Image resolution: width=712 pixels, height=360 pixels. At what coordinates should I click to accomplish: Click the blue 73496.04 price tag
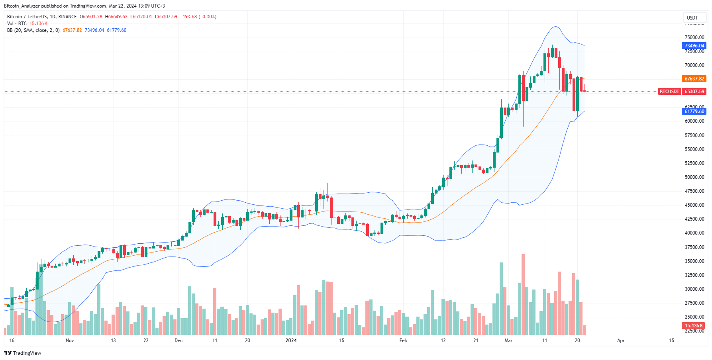(x=694, y=46)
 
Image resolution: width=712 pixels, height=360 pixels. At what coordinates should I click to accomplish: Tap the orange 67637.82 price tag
(x=694, y=79)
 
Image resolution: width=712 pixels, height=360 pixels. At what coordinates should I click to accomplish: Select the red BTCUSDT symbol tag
(x=669, y=92)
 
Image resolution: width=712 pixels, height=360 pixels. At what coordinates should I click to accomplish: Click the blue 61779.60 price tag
(x=694, y=112)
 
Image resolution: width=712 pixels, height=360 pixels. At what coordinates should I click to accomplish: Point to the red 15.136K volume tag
(x=694, y=326)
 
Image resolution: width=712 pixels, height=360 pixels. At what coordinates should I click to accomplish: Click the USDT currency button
(x=692, y=18)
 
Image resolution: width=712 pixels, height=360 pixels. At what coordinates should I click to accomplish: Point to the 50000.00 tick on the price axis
(x=694, y=177)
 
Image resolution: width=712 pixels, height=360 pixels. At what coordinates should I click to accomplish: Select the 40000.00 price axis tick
(x=694, y=233)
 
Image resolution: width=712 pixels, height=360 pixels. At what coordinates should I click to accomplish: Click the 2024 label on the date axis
(x=291, y=340)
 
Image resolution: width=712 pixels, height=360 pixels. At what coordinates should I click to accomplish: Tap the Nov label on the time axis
(x=70, y=340)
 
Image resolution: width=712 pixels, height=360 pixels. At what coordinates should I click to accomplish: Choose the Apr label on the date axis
(x=620, y=340)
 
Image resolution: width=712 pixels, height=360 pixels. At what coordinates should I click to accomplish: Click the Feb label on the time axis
(x=403, y=340)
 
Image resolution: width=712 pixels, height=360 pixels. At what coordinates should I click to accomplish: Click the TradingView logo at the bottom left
(x=23, y=353)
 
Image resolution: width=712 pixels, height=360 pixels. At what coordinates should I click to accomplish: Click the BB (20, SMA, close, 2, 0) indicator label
(x=33, y=30)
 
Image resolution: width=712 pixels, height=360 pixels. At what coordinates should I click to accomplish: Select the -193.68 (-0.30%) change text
(x=198, y=17)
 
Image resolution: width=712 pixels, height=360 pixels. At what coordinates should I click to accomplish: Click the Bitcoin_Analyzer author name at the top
(x=22, y=6)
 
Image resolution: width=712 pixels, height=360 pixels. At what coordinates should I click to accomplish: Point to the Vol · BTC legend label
(x=17, y=23)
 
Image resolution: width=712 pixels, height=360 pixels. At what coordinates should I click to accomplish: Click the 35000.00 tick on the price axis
(x=694, y=261)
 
